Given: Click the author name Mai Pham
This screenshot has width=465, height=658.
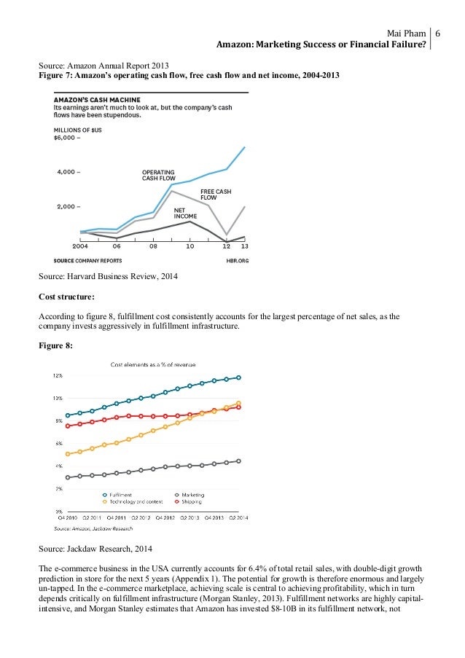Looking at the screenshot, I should [x=405, y=34].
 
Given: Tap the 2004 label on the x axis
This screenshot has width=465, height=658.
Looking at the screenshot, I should [x=80, y=246].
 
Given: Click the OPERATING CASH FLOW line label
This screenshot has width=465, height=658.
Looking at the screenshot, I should [x=158, y=174].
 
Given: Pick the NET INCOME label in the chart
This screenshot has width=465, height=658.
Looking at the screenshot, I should [x=185, y=214].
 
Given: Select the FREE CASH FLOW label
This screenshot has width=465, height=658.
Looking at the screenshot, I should [x=216, y=194].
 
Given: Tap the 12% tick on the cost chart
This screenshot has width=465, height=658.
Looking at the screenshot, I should [x=58, y=375].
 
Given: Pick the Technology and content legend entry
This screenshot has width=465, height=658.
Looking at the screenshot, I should [x=133, y=502].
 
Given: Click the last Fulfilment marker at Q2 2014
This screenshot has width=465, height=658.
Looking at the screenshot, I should [x=239, y=377].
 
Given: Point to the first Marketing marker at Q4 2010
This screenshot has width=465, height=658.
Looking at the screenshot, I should [x=68, y=477].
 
